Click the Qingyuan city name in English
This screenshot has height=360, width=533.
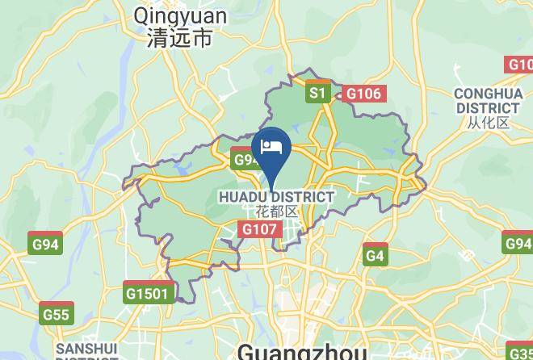[x=181, y=15]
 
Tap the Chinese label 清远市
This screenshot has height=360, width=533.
[x=180, y=39]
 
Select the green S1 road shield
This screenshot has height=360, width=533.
[x=317, y=94]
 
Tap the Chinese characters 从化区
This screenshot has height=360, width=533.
[x=488, y=123]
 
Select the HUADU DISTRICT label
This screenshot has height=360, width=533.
[x=276, y=197]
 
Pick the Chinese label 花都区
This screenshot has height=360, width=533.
[x=276, y=212]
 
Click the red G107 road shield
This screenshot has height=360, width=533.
[x=260, y=230]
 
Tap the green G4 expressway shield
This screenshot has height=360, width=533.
[x=375, y=256]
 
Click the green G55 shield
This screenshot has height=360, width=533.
[x=57, y=314]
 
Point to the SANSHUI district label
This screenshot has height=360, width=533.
[x=86, y=349]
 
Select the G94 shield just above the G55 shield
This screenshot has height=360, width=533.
[x=45, y=244]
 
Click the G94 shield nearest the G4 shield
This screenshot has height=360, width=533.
[x=518, y=243]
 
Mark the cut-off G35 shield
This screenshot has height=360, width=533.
[x=521, y=350]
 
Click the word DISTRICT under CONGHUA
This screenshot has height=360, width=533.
[x=488, y=108]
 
